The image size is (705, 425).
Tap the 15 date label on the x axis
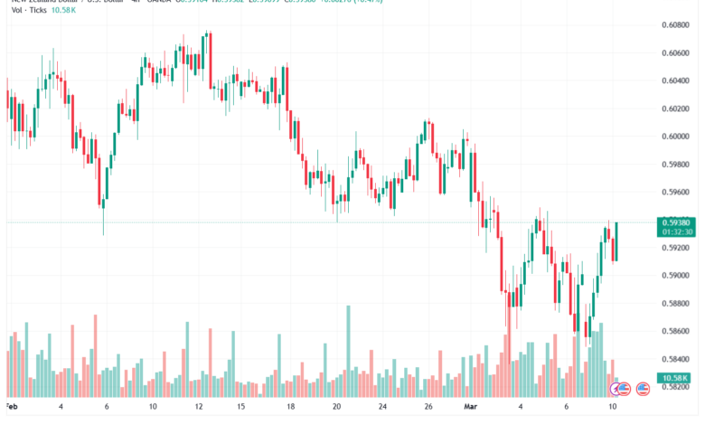(242, 408)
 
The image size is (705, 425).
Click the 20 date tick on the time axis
(335, 408)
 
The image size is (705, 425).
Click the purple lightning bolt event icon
(620, 389)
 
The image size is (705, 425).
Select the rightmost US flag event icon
(644, 389)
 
